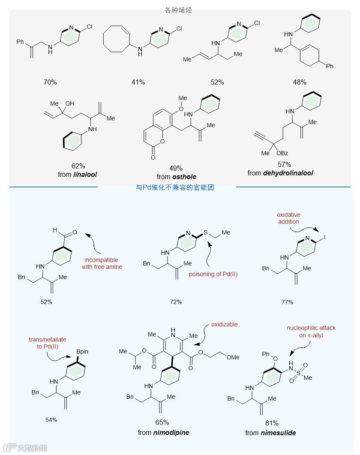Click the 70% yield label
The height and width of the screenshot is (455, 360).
(x=50, y=82)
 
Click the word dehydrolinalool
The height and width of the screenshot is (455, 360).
(x=292, y=173)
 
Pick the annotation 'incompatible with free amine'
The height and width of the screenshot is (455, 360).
(x=101, y=263)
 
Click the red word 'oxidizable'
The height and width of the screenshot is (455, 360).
(x=225, y=325)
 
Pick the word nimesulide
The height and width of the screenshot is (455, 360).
(x=279, y=433)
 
